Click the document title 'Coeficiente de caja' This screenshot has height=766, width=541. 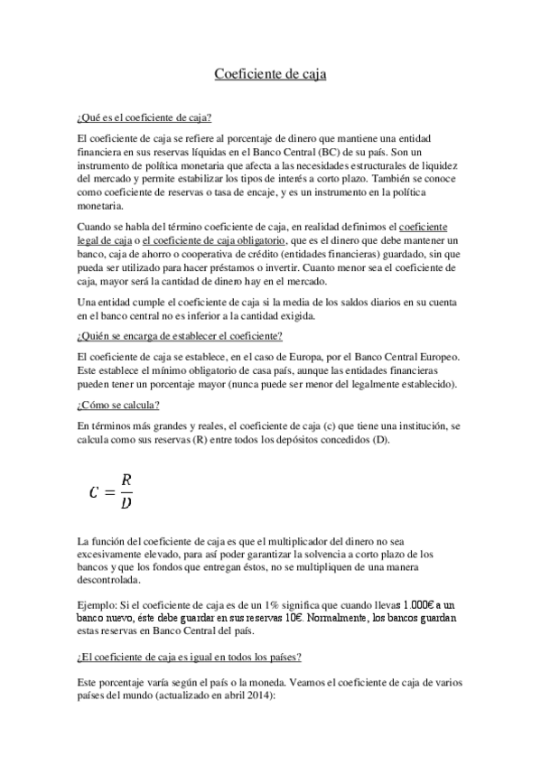click(x=270, y=74)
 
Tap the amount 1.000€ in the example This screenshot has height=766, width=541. click(x=396, y=603)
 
